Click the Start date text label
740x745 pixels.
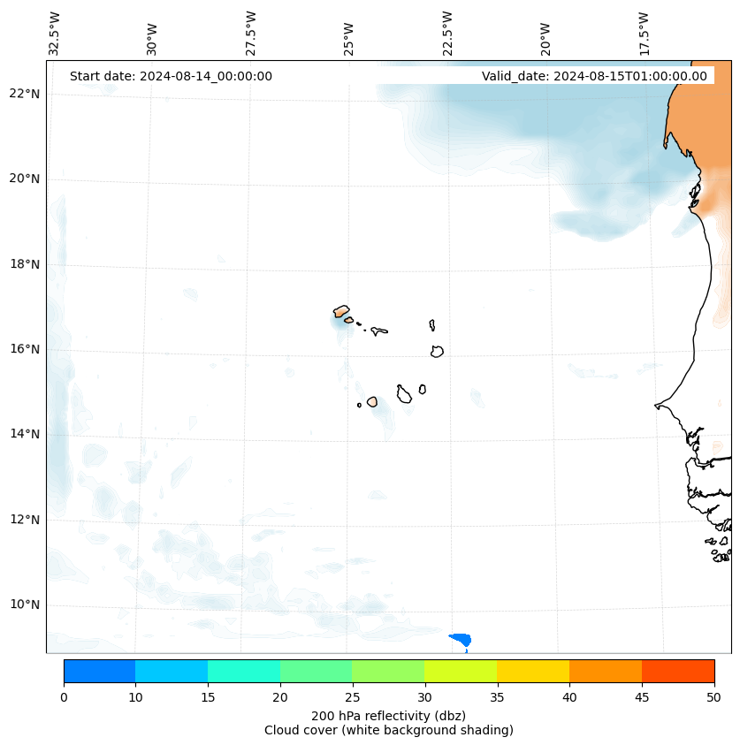171,76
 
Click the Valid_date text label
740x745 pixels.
594,76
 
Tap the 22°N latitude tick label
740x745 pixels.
24,94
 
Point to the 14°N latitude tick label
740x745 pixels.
24,434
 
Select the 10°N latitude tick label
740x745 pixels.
24,604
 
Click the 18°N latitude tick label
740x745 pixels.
24,264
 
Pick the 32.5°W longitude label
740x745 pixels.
55,33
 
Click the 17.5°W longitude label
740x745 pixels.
644,33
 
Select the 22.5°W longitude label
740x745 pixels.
447,33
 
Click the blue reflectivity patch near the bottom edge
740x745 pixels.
461,639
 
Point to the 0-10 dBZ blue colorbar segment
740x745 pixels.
99,671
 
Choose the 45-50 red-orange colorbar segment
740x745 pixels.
678,671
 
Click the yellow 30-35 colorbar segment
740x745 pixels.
461,671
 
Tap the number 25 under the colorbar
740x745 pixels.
352,698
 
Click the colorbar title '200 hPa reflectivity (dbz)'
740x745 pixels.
388,715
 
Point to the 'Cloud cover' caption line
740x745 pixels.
388,730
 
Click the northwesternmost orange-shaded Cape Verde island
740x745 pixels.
341,311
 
